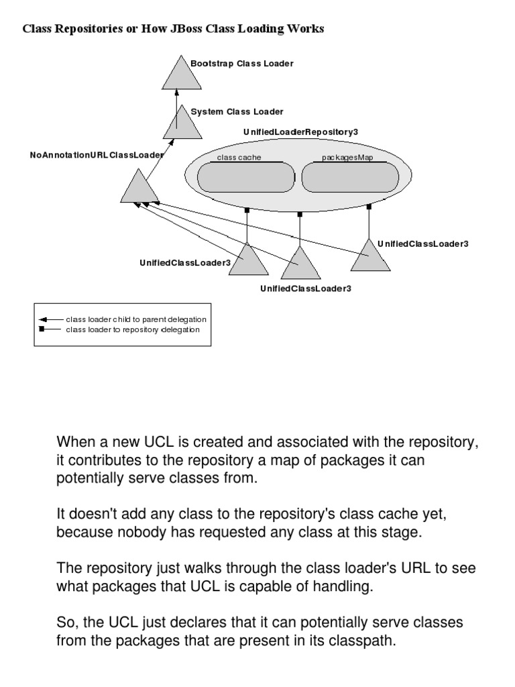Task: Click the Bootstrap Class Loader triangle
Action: tap(182, 74)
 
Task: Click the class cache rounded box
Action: tap(246, 177)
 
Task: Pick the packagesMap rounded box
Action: tap(349, 177)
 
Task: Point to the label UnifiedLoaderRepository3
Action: tap(300, 132)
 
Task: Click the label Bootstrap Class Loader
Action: tap(242, 64)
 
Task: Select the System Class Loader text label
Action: tap(237, 112)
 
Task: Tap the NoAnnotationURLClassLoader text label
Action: tap(97, 155)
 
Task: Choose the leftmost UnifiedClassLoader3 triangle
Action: tap(248, 262)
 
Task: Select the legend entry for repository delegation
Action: tap(133, 329)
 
